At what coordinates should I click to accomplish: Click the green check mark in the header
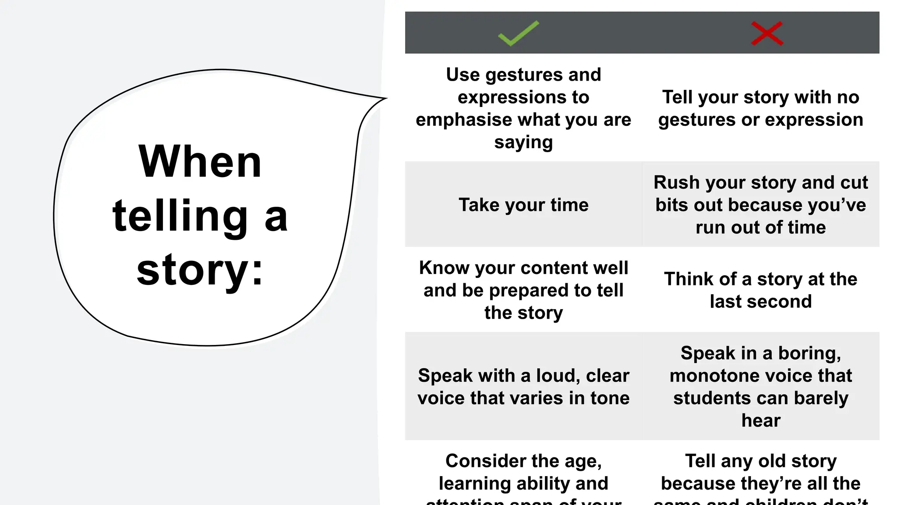[519, 33]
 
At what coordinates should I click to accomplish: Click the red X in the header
[767, 33]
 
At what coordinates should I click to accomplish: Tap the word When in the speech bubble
[200, 162]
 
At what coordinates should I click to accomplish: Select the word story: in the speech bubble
[200, 270]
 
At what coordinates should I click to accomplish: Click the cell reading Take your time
[523, 205]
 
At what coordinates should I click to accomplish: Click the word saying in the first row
[523, 142]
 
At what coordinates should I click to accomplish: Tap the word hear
[761, 420]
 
